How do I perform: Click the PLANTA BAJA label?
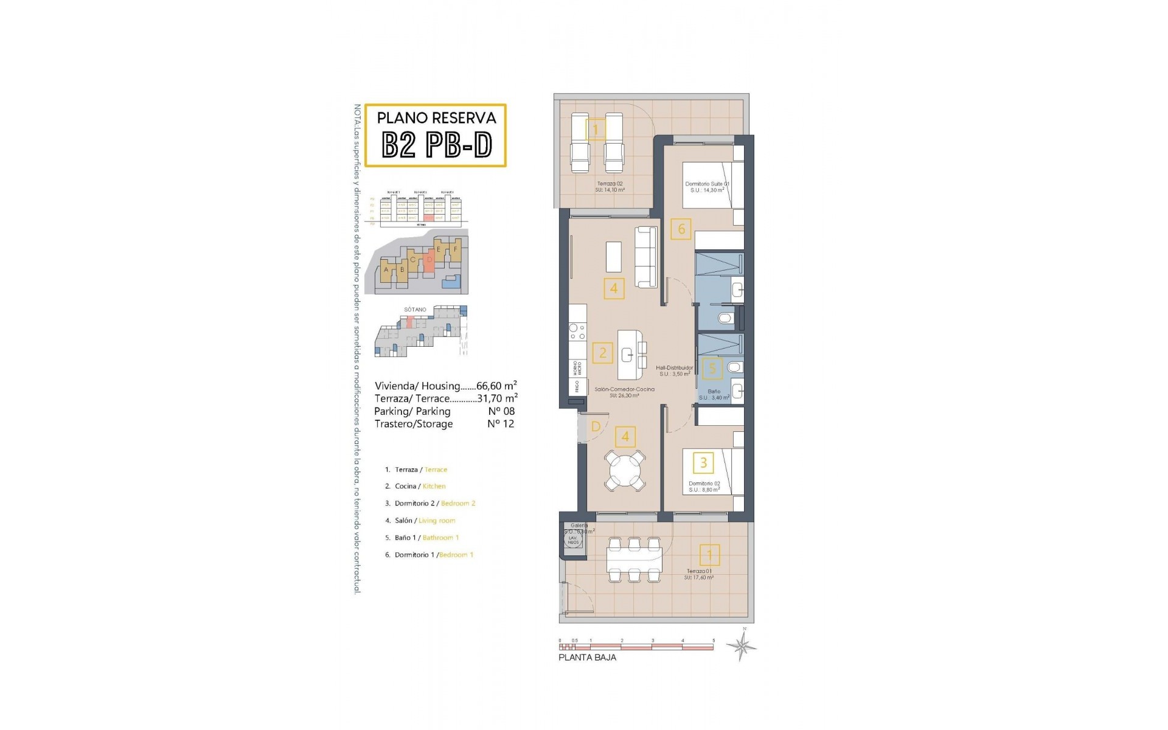pyautogui.click(x=587, y=658)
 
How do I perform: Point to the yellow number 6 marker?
pyautogui.click(x=681, y=229)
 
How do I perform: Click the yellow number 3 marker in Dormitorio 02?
pyautogui.click(x=703, y=463)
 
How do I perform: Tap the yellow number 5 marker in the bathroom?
pyautogui.click(x=712, y=367)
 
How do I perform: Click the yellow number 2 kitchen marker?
pyautogui.click(x=603, y=353)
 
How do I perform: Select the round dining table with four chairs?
pyautogui.click(x=625, y=470)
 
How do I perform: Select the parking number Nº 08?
pyautogui.click(x=501, y=411)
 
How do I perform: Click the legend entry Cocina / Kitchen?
pyautogui.click(x=420, y=486)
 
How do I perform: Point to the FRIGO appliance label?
pyautogui.click(x=576, y=386)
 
